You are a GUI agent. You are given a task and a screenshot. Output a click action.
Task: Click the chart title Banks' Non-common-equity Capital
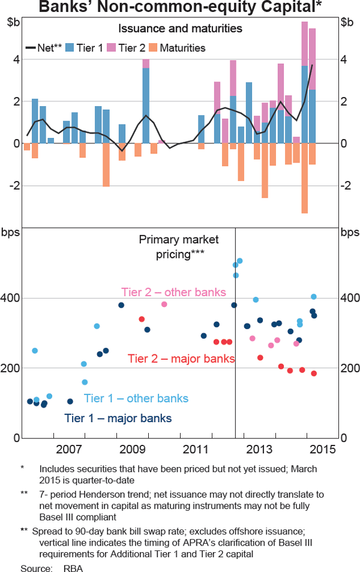pos(179,7)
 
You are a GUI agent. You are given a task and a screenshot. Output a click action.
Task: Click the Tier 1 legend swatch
pos(69,48)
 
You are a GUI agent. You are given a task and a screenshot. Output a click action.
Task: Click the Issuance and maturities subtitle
pos(180,28)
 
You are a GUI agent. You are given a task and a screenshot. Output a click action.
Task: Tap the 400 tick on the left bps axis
pos(13,298)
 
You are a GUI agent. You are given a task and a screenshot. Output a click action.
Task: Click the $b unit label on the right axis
pos(347,22)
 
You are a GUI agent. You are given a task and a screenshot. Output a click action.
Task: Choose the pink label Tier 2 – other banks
pos(173,293)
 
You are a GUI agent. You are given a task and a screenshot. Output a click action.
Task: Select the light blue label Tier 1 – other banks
pos(136,399)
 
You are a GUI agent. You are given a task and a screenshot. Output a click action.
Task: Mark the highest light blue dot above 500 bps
pos(239,261)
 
